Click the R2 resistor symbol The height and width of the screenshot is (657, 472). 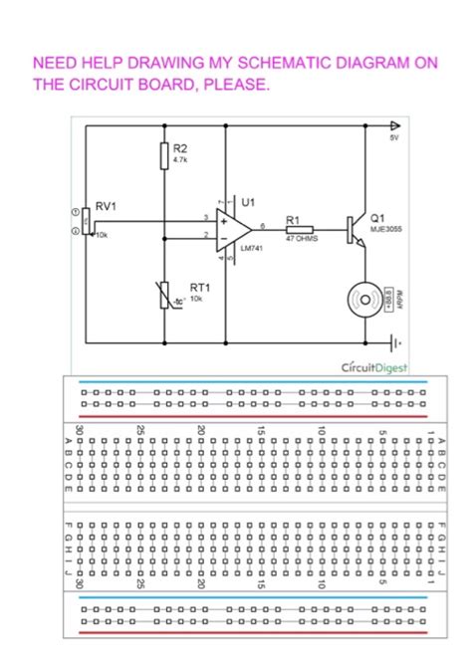(164, 155)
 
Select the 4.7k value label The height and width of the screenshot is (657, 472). (180, 159)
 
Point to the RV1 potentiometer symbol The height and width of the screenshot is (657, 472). (88, 221)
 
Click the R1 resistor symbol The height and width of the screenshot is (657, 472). (299, 229)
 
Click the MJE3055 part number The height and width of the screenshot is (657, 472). (386, 228)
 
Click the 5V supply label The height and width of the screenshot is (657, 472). (394, 138)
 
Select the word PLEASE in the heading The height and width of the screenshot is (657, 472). (235, 85)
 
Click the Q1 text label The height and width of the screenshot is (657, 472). (377, 216)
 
